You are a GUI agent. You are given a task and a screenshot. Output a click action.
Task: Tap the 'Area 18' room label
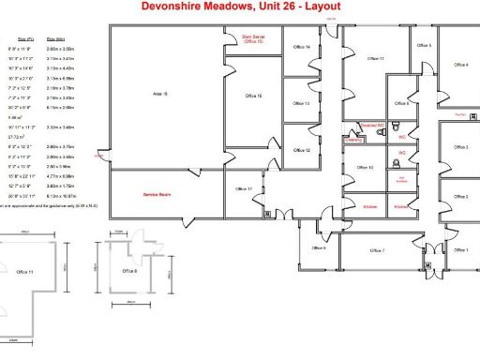coord(159,94)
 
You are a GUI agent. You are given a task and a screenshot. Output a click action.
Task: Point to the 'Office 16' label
coord(253,96)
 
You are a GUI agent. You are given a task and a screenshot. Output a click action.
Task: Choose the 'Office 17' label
coord(244,188)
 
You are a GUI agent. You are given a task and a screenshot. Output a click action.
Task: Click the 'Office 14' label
coord(302,47)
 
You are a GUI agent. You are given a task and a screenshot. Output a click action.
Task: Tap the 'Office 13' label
coord(302,103)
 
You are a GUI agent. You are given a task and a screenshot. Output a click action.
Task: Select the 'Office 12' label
coord(302,150)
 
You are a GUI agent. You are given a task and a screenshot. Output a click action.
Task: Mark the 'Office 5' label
coord(424,45)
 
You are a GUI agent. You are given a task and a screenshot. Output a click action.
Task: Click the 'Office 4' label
coord(460,65)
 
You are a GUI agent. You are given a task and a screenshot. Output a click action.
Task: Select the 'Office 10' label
coord(366,168)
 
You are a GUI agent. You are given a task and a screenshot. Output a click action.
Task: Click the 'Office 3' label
coord(460,148)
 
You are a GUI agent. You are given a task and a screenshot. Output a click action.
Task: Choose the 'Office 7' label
coord(378,250)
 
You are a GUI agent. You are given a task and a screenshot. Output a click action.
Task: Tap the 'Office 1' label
coord(460,250)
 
